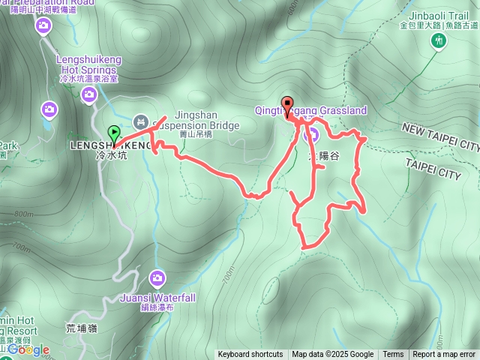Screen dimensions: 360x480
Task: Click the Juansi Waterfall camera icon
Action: (157, 279)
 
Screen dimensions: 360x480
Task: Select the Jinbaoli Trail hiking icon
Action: (439, 39)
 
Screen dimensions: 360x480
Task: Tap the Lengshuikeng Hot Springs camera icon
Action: (88, 94)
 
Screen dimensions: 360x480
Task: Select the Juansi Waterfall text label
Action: (157, 298)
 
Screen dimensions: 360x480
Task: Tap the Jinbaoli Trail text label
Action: (438, 15)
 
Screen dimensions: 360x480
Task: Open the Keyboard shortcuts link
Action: (250, 355)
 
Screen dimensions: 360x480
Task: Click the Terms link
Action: (393, 355)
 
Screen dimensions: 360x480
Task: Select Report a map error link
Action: (444, 355)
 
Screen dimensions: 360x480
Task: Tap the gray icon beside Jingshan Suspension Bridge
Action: (140, 121)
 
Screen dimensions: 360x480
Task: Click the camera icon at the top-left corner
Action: (43, 26)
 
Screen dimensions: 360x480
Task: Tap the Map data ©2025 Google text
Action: (333, 355)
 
